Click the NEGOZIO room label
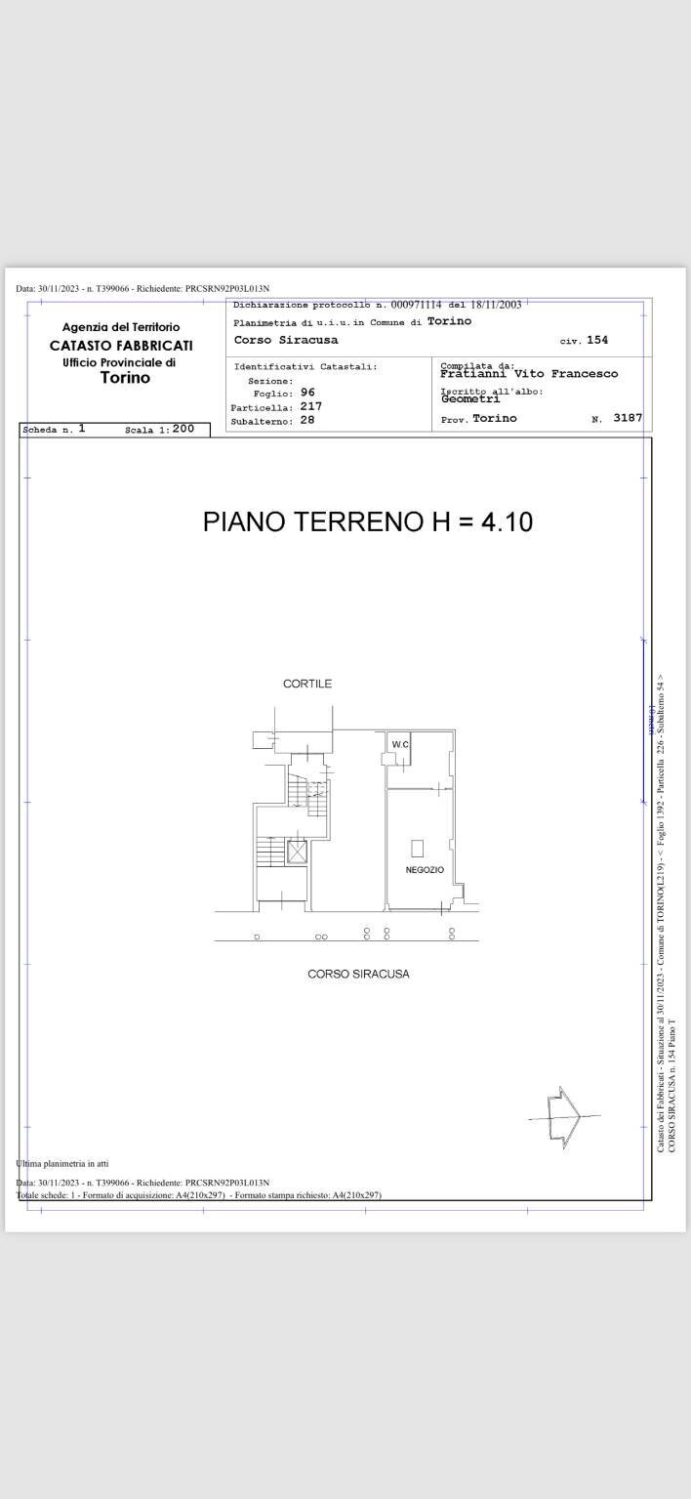coord(425,870)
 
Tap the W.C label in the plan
coord(399,745)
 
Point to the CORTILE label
coord(307,684)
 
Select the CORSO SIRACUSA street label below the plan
coord(358,974)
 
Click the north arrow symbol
coord(565,1116)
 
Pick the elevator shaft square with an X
coord(297,851)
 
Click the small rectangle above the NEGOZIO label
coord(417,848)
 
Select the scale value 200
coord(183,429)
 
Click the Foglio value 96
coord(307,393)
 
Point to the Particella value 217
coord(310,406)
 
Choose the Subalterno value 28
coord(307,420)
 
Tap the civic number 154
coord(597,340)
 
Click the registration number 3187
coord(628,418)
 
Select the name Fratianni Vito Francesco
coord(529,373)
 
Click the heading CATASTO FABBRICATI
coord(121,346)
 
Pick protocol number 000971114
coord(416,305)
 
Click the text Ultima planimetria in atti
coord(62,1163)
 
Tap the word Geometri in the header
coord(470,398)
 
